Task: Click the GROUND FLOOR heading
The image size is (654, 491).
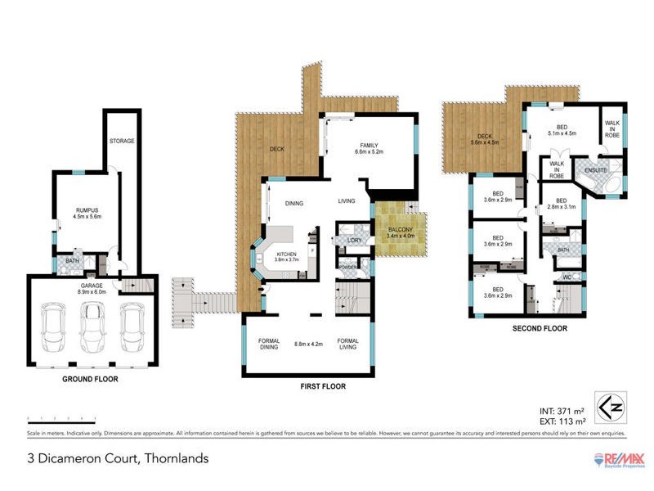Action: coord(91,380)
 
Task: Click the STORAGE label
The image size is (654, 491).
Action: coord(122,141)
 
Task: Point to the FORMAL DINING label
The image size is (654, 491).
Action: coord(269,344)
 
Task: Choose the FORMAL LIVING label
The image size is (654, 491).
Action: coord(348,344)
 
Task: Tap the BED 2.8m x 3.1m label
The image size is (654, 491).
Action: coord(561,205)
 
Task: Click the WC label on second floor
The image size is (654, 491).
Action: coord(565,278)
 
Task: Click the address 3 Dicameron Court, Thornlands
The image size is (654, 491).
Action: coord(118,458)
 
